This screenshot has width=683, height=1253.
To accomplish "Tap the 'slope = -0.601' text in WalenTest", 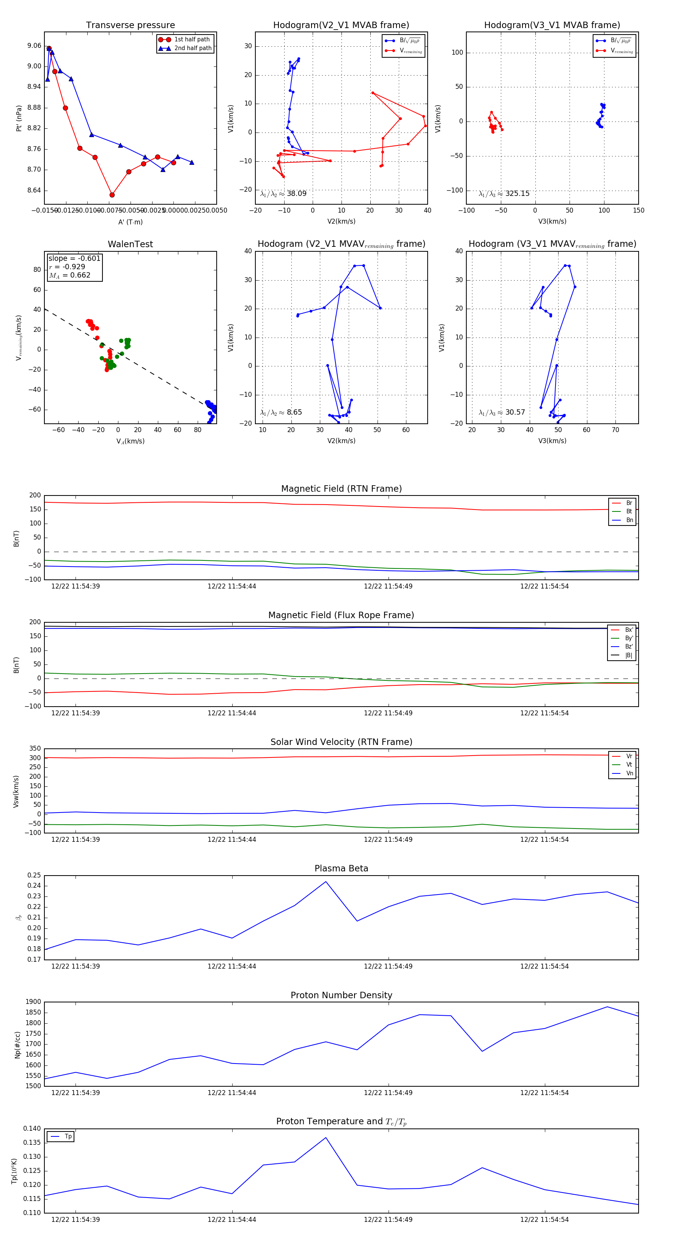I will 74,258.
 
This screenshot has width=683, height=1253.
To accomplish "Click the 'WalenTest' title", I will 130,244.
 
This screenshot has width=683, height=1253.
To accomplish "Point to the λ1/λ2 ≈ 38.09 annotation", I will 283,194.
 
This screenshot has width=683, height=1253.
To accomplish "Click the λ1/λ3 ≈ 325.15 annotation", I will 504,194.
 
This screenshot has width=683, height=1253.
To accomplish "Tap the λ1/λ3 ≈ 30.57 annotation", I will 502,412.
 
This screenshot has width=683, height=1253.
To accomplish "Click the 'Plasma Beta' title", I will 341,869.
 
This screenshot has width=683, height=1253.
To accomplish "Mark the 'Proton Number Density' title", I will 341,995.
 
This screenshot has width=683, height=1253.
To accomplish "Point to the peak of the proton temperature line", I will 326,1138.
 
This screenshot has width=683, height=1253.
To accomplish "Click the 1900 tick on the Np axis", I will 33,1002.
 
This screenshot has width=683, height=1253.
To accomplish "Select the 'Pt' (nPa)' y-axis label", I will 19,118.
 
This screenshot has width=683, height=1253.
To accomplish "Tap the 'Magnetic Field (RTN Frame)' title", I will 341,489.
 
